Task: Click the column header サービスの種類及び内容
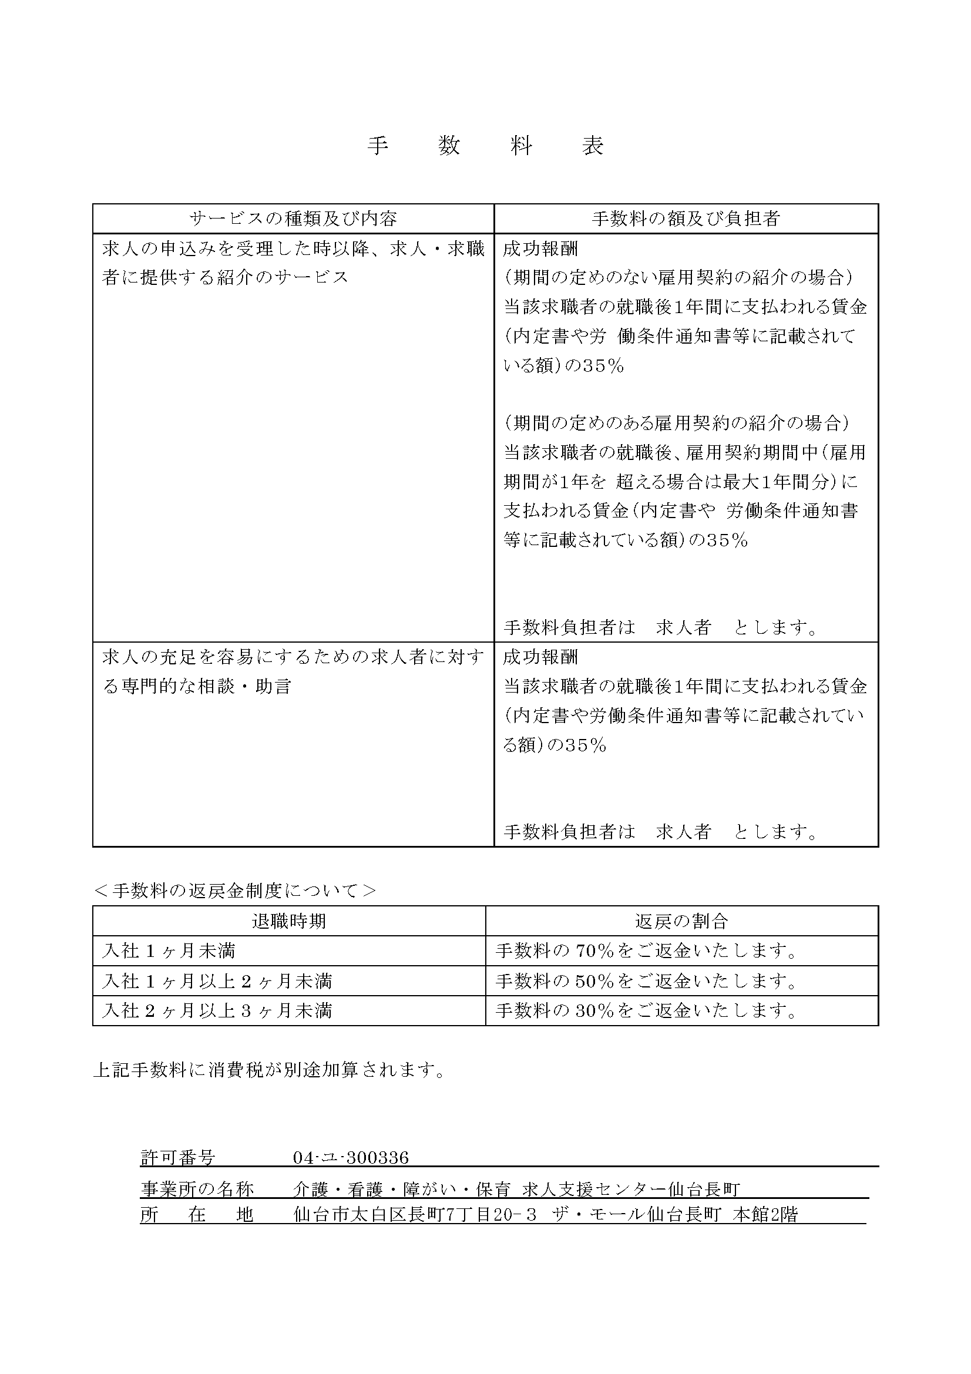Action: (293, 219)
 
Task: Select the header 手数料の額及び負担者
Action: (686, 219)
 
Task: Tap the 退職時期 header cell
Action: (289, 921)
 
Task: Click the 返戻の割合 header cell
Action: (681, 921)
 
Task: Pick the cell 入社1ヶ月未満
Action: (169, 951)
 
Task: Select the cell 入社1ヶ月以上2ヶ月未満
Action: (217, 981)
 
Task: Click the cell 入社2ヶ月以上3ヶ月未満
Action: (217, 1011)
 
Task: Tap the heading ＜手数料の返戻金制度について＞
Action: (235, 891)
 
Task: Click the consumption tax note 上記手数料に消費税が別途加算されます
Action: (270, 1070)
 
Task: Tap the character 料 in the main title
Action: (521, 146)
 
